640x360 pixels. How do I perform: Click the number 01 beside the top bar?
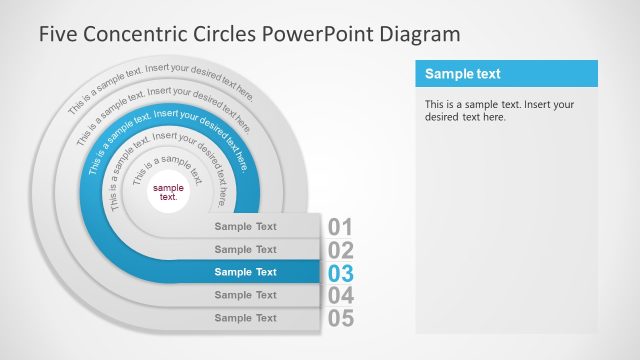[341, 227]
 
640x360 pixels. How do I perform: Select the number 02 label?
[341, 250]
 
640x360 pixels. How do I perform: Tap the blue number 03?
[341, 273]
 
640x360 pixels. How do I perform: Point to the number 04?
[341, 296]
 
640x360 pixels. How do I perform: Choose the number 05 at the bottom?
[341, 319]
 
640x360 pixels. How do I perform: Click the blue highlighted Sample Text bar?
[246, 272]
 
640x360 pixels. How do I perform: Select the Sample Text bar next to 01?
[246, 226]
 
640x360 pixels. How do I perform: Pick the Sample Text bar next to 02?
[246, 249]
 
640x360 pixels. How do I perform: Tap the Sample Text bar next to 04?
[246, 295]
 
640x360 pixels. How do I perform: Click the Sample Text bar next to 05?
[246, 318]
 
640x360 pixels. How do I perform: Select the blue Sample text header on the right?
[506, 74]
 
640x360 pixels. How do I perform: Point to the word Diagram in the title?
[421, 34]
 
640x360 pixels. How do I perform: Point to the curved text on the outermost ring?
[160, 81]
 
